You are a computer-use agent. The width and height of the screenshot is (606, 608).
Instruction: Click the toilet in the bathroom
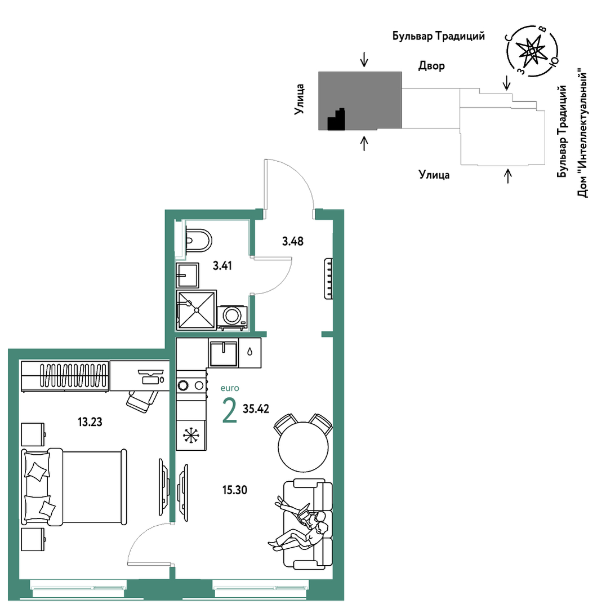198,241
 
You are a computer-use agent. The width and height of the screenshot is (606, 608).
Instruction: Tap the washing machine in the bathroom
232,317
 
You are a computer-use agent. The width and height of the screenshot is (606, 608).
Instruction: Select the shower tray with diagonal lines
197,310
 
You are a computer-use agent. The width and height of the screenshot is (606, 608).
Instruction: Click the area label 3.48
292,241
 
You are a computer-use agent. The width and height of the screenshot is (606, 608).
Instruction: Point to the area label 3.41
222,265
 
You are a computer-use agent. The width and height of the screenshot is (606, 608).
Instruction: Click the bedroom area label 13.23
90,422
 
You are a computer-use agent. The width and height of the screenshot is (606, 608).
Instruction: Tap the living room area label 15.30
234,490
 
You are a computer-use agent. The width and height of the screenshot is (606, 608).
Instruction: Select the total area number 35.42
256,409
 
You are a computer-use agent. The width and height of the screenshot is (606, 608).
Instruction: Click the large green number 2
229,411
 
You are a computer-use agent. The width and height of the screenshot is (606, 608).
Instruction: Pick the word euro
230,388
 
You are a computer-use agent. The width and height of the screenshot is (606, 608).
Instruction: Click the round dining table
304,447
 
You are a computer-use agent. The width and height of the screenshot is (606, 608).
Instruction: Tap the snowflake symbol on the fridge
190,435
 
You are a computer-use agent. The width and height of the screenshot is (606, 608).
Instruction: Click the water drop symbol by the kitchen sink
250,352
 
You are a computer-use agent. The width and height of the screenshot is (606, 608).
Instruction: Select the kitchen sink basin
223,353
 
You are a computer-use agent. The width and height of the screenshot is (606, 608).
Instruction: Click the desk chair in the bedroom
142,401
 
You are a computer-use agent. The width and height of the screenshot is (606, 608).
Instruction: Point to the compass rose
532,51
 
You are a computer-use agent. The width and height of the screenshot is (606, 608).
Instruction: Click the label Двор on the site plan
431,66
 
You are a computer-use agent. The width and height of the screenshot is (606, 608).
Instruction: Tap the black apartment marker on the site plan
336,119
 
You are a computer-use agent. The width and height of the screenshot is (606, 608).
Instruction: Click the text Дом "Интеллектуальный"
582,133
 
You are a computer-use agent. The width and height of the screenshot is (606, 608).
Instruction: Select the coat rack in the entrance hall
328,278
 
